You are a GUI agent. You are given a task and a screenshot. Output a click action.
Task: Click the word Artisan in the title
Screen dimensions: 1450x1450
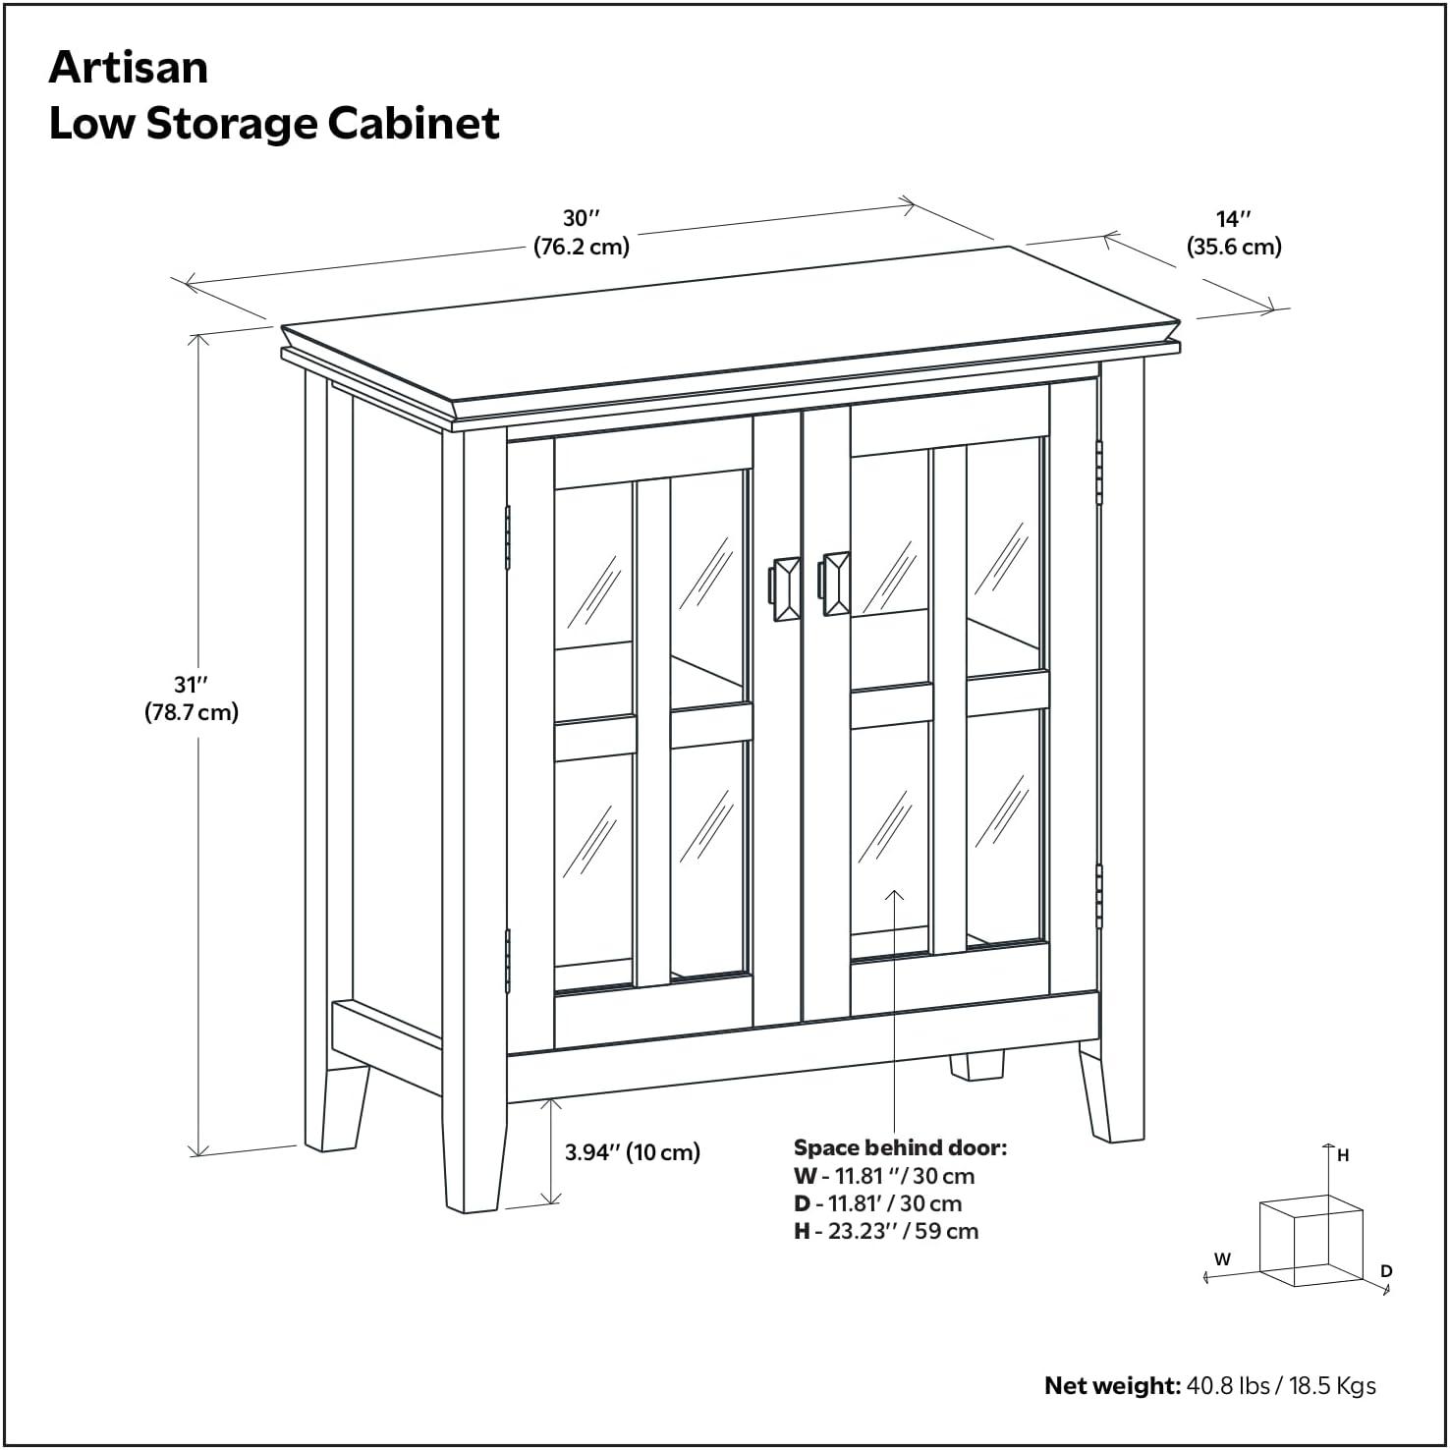(129, 68)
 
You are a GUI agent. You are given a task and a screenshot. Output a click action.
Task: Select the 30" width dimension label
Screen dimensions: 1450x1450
(581, 232)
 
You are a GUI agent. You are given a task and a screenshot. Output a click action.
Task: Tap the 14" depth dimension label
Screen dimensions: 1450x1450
(1234, 232)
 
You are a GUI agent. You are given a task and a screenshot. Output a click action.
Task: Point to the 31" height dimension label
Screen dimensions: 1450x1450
(192, 698)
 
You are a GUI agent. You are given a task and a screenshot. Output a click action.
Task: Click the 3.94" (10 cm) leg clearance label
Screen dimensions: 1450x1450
(632, 1152)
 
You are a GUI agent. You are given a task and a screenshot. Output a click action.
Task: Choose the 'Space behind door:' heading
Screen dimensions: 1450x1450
(900, 1147)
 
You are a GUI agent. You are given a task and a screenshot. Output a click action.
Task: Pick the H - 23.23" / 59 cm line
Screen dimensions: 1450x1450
(886, 1231)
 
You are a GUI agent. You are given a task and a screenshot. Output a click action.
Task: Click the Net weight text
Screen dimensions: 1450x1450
(1209, 1385)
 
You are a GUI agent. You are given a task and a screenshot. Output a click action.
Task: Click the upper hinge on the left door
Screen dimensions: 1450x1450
(508, 537)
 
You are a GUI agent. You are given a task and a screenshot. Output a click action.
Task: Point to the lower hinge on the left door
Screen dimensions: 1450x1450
(508, 960)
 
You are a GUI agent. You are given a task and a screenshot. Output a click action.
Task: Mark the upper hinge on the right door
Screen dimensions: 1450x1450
(1098, 473)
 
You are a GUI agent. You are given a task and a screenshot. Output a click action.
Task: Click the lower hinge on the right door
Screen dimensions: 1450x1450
(1098, 896)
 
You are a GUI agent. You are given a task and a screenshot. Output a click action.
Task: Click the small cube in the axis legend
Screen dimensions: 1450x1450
(1311, 1241)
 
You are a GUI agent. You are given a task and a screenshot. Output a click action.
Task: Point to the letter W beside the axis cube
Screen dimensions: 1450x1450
(1222, 1258)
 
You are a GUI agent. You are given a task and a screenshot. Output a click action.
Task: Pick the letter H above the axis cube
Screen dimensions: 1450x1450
(1343, 1156)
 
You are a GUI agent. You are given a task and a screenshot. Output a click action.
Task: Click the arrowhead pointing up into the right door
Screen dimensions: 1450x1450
(894, 894)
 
